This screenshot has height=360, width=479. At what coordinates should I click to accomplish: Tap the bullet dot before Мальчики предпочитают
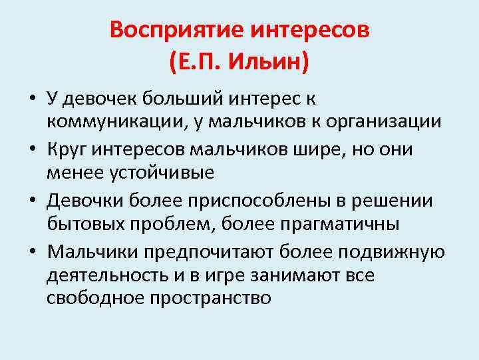31,253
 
